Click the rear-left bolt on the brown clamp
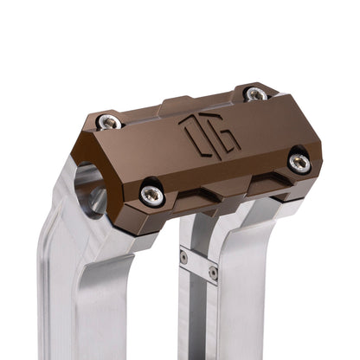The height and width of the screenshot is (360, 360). tap(108, 122)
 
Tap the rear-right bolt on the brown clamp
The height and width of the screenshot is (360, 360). tap(255, 93)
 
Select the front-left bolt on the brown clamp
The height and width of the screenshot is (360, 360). tap(152, 196)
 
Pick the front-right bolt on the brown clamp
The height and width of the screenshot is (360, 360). tap(299, 160)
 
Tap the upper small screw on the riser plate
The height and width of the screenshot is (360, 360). tap(183, 257)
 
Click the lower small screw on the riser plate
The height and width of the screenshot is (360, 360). tap(213, 273)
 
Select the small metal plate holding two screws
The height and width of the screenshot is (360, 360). tap(198, 265)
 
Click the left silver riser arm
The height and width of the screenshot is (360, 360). tap(74, 286)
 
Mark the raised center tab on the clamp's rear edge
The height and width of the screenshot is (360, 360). tap(180, 104)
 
